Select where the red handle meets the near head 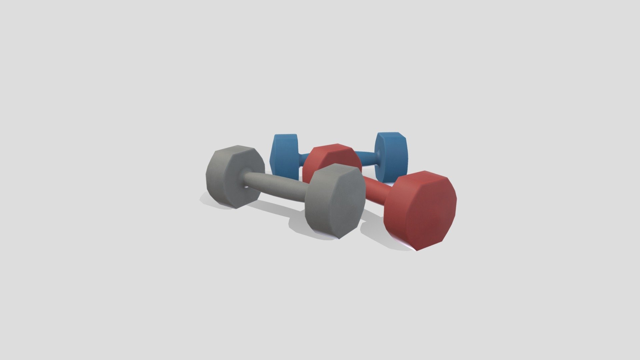[387, 197]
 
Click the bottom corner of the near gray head [338, 238]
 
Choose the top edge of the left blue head [285, 135]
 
